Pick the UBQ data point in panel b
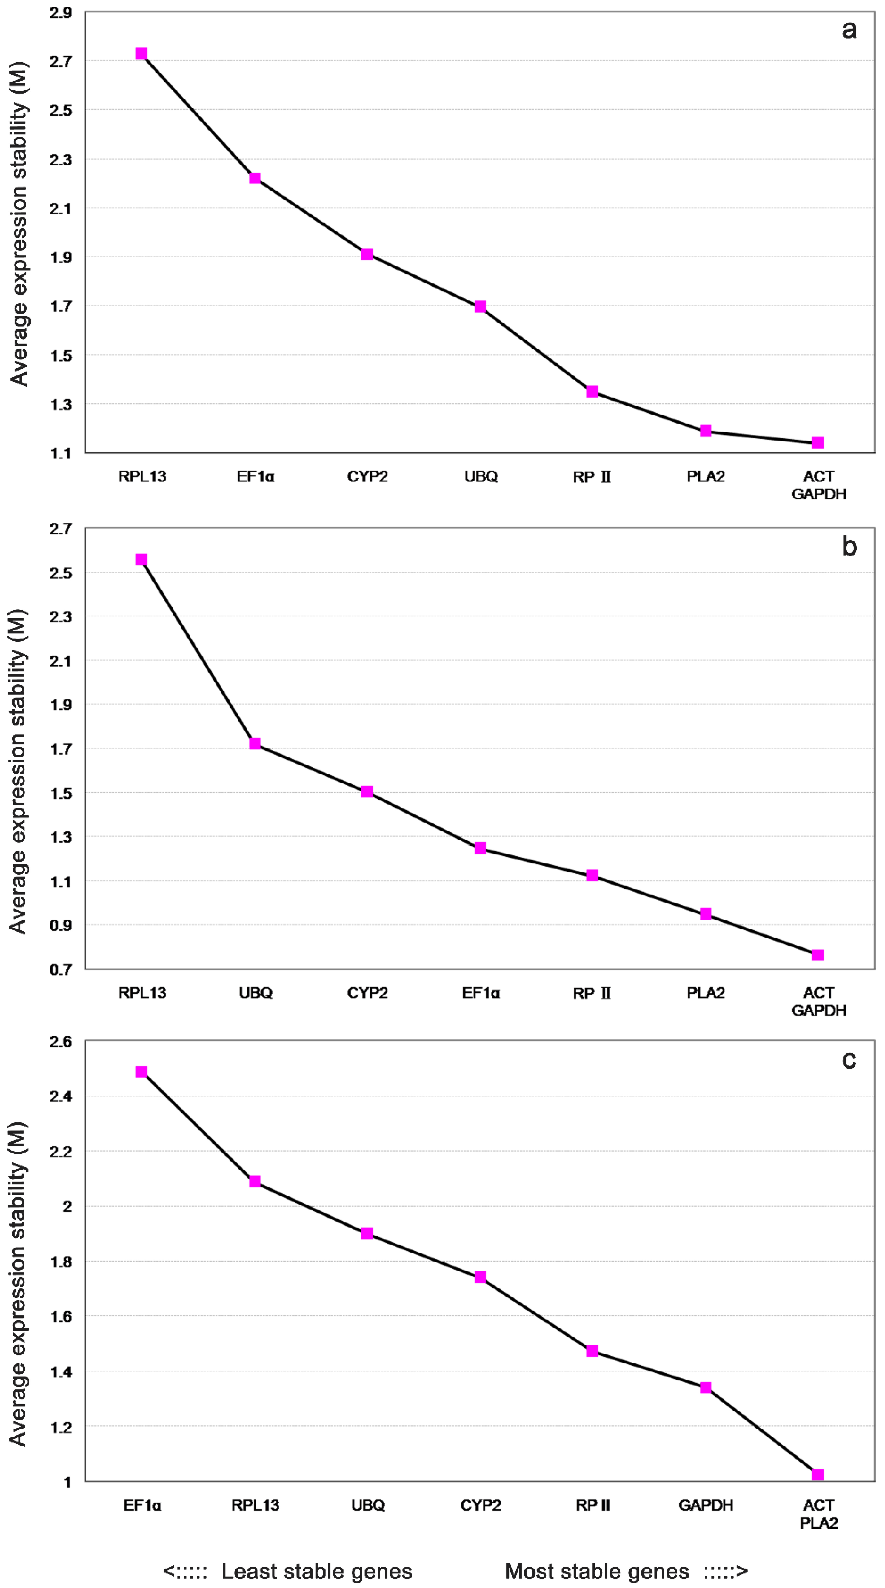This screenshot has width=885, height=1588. point(255,744)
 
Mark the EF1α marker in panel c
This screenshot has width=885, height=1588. point(142,1072)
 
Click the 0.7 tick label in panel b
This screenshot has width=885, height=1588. point(60,970)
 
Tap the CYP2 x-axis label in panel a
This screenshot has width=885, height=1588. point(367,477)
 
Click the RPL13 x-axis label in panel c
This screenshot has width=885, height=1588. point(255,1505)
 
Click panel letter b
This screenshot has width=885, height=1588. point(849,546)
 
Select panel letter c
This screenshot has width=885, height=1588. point(849,1060)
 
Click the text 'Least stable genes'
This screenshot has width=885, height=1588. point(317,1571)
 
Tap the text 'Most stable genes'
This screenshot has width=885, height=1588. point(597,1571)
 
